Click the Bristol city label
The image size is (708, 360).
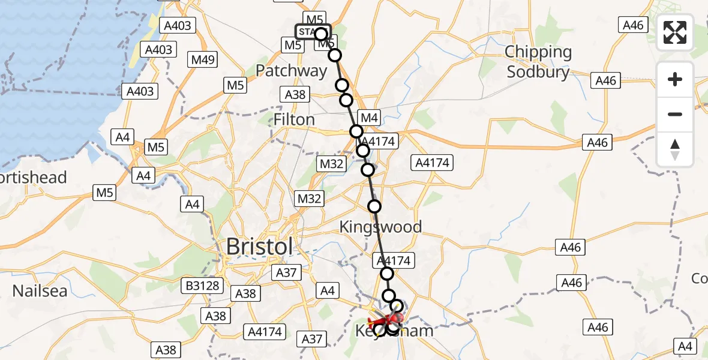259,247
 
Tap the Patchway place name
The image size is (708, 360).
291,71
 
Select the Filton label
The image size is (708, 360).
294,119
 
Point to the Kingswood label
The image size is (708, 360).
380,227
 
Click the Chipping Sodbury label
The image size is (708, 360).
538,62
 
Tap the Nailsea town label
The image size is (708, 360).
39,291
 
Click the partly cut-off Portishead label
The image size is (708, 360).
33,178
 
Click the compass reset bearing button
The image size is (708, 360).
675,149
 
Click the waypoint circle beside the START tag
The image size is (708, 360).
321,34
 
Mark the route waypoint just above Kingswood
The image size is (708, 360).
374,206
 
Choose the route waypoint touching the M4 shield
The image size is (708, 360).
356,131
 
